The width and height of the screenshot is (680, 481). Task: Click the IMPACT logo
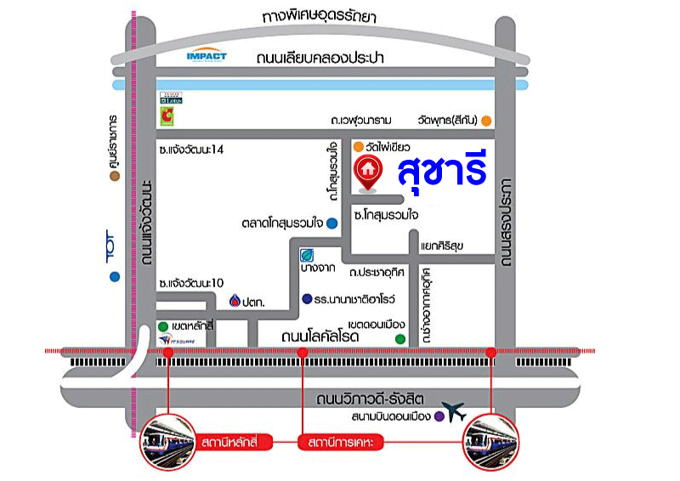coord(206,56)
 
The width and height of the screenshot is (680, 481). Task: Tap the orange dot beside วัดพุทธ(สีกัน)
coord(486,121)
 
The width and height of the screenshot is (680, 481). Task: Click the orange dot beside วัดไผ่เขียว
coord(359,146)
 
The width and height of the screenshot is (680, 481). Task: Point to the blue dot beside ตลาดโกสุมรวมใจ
coord(332,224)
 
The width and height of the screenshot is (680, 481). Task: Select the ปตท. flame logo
coord(236,300)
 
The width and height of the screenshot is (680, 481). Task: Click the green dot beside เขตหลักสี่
coord(163,326)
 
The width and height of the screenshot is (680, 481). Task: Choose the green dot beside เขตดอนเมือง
coord(399,339)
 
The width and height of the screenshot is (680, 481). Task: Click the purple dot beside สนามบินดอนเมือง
coord(439,416)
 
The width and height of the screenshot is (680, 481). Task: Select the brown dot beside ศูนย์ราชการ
coord(111,177)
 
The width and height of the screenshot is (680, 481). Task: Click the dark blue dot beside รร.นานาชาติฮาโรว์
coord(306,298)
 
